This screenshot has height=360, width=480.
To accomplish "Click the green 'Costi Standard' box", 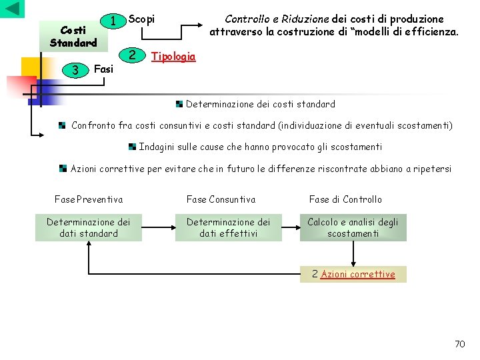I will [x=73, y=37].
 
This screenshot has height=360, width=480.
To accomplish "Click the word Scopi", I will [x=141, y=19].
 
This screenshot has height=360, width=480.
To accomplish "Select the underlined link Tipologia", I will [x=173, y=56].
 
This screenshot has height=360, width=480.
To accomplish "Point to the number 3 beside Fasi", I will [x=76, y=69].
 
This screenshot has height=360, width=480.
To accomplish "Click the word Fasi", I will [x=104, y=68].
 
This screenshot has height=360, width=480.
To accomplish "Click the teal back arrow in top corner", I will [x=13, y=9].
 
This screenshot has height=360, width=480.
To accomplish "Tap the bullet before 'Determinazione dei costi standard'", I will [x=180, y=104].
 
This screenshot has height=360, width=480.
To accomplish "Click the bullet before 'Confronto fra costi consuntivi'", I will [x=62, y=125].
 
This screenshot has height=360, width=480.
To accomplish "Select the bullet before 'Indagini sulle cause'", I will [x=133, y=146].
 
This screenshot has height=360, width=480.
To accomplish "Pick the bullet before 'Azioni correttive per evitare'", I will [x=62, y=168].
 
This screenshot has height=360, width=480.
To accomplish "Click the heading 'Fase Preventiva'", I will [x=88, y=199].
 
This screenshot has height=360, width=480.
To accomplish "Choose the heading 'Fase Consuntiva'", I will [x=221, y=199].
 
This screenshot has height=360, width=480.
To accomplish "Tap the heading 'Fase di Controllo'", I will [x=345, y=199].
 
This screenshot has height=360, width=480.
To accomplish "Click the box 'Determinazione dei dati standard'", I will [x=89, y=227].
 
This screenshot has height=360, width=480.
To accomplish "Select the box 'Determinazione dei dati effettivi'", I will [x=229, y=227].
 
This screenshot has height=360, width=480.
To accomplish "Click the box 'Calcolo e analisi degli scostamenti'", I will [x=353, y=227].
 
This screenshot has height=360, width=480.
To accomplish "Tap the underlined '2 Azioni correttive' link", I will [x=353, y=274].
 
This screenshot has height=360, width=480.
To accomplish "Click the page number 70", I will [x=459, y=343].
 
